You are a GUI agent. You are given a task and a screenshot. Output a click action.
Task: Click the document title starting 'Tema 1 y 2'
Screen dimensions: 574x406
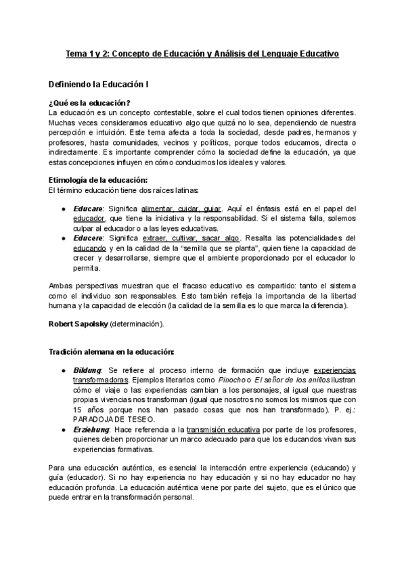pyautogui.click(x=203, y=53)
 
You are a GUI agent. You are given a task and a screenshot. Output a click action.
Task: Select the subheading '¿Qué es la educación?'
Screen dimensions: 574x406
pyautogui.click(x=90, y=103)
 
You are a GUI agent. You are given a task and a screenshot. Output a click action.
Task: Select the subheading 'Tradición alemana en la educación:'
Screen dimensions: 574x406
pyautogui.click(x=111, y=352)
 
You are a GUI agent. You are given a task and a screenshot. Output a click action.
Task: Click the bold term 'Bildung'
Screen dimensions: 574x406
pyautogui.click(x=87, y=371)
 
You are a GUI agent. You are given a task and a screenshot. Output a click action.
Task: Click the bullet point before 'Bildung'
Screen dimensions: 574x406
pyautogui.click(x=63, y=371)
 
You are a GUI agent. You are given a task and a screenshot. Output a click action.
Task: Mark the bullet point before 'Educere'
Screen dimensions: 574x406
pyautogui.click(x=63, y=238)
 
